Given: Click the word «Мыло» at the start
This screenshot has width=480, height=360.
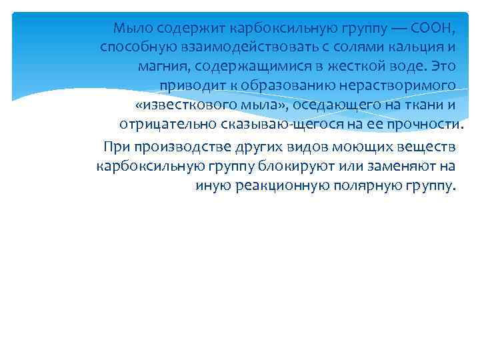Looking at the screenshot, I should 127,28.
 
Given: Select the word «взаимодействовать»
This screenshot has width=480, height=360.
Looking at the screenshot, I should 233,47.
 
